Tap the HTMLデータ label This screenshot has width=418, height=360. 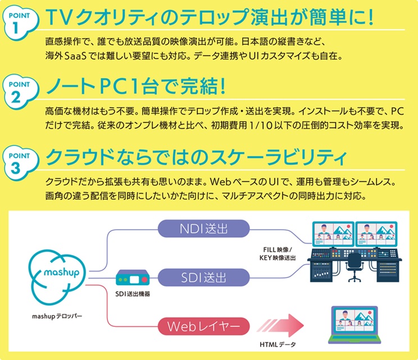coord(279,344)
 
